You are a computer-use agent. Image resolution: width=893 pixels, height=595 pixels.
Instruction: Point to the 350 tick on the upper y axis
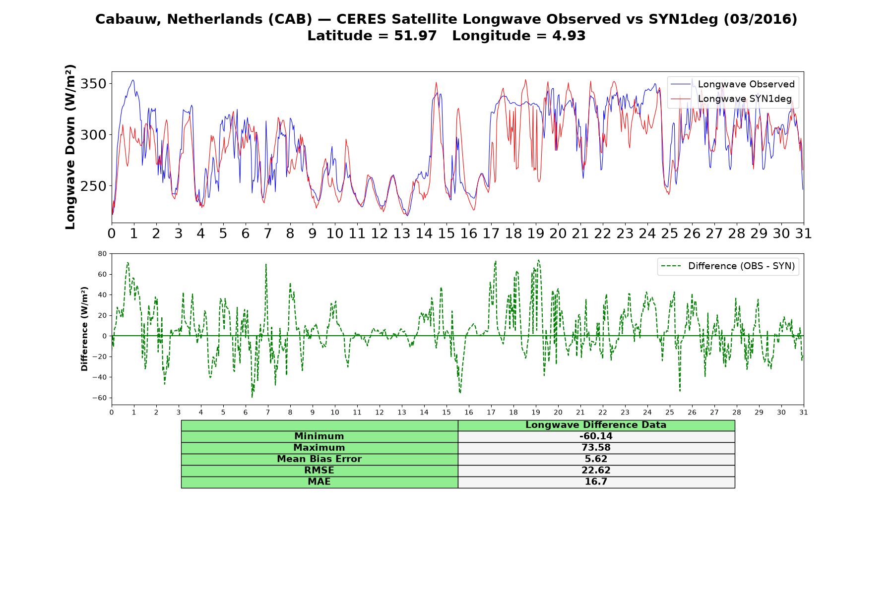[x=93, y=83]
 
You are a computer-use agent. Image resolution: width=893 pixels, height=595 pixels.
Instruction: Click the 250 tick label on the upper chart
[x=93, y=186]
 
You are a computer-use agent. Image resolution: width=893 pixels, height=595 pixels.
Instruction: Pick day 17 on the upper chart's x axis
[x=491, y=234]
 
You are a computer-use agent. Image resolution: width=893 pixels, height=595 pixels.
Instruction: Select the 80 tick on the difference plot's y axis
[x=103, y=253]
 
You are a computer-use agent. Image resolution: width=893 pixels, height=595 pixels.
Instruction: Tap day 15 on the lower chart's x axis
[x=446, y=413]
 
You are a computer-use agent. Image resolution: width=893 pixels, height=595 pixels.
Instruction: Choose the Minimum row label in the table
[x=319, y=436]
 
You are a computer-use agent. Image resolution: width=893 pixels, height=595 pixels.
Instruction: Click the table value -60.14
[x=596, y=436]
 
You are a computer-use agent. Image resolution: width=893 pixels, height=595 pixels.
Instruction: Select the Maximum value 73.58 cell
[x=596, y=448]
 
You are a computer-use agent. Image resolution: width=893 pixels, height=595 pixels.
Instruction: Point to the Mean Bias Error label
[x=319, y=459]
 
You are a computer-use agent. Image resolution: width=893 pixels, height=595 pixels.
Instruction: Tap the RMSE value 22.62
[x=596, y=471]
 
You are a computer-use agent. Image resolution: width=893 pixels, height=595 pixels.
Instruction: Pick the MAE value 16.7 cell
[x=596, y=482]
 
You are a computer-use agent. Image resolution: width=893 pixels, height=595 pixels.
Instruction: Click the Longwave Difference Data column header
[x=596, y=425]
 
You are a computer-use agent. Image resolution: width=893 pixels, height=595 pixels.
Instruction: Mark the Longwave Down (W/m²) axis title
[x=70, y=147]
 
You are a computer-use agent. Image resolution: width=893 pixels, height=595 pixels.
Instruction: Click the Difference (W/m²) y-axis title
[x=84, y=329]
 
